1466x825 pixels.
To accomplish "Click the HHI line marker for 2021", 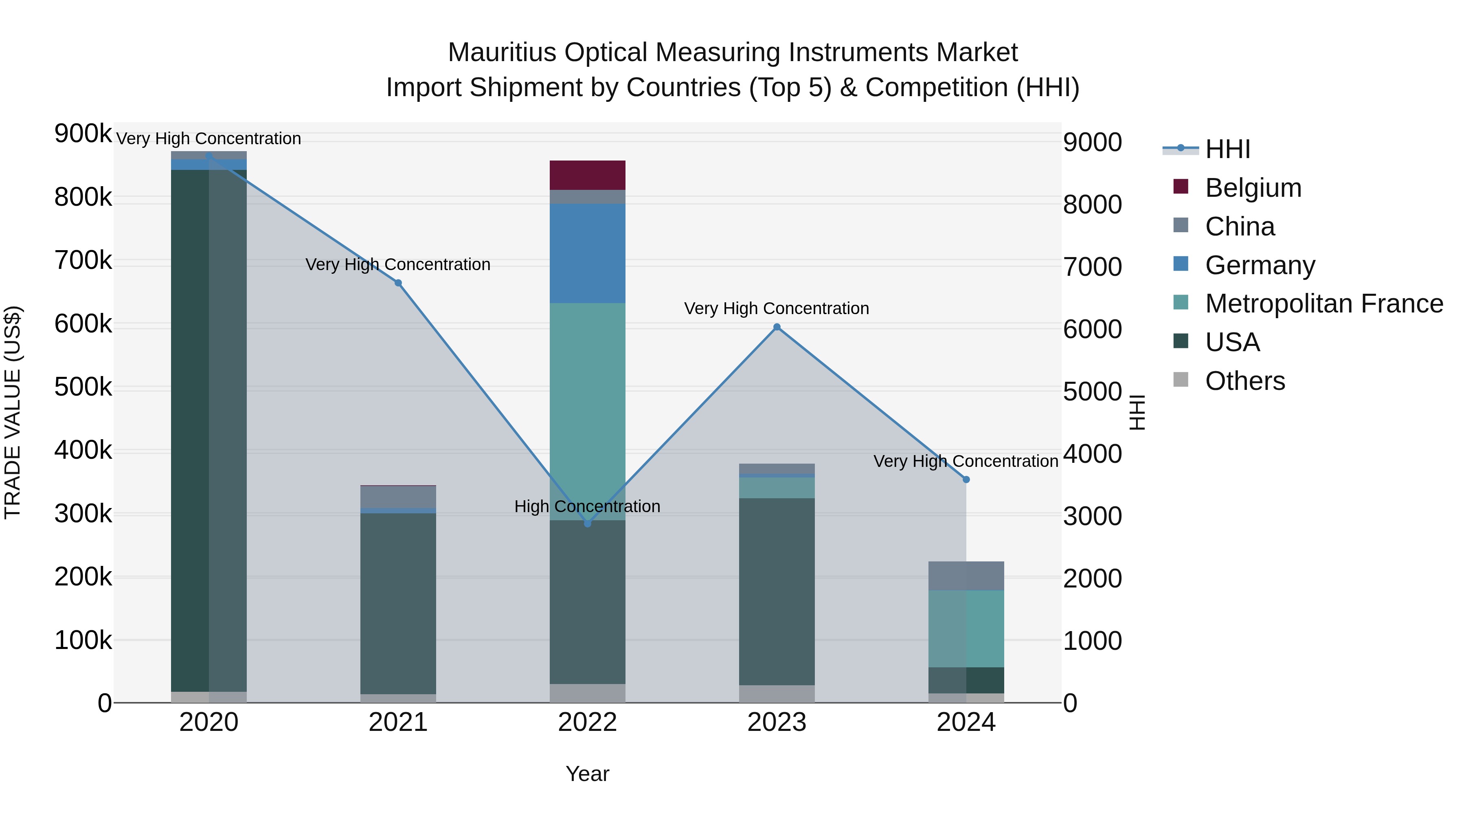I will pyautogui.click(x=398, y=283).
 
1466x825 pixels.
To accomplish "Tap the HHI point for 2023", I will pyautogui.click(x=777, y=327).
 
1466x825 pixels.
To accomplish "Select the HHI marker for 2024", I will pyautogui.click(x=966, y=480).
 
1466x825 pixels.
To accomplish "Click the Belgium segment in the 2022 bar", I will pyautogui.click(x=587, y=175).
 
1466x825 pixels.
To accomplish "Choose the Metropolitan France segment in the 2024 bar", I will pyautogui.click(x=966, y=629).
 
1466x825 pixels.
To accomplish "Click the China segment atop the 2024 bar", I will pyautogui.click(x=966, y=576).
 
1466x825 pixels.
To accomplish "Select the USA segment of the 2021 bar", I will pyautogui.click(x=398, y=603).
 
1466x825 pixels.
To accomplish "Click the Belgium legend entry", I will pyautogui.click(x=1253, y=188).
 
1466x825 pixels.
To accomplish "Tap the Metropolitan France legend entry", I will pyautogui.click(x=1324, y=304).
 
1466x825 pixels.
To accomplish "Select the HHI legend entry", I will pyautogui.click(x=1227, y=149).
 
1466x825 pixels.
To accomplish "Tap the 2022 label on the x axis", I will pyautogui.click(x=587, y=722).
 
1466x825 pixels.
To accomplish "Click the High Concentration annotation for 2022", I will pyautogui.click(x=587, y=506).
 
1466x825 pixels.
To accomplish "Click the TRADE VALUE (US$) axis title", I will pyautogui.click(x=13, y=412).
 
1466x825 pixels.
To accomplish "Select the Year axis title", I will pyautogui.click(x=587, y=774).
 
